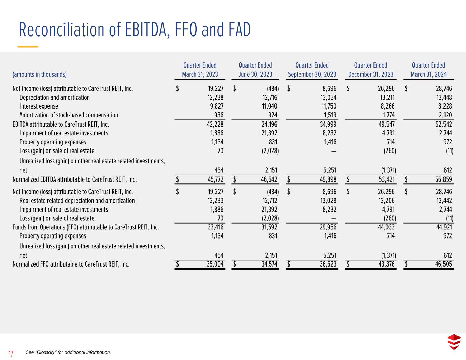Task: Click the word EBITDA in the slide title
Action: (x=146, y=30)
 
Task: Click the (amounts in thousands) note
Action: (x=40, y=74)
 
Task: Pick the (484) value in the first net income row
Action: (x=273, y=88)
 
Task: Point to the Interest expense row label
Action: (x=39, y=106)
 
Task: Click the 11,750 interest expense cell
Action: (x=328, y=106)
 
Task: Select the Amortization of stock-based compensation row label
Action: (x=69, y=115)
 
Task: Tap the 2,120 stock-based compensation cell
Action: (x=445, y=115)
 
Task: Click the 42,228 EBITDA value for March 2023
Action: (x=215, y=124)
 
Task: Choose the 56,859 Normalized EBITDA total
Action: (x=443, y=179)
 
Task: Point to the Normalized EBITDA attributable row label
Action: (x=75, y=179)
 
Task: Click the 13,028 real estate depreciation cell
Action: (x=328, y=201)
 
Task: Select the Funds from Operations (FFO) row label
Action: (x=86, y=227)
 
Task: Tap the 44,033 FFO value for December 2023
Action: (x=386, y=227)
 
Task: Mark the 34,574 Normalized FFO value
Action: (x=269, y=264)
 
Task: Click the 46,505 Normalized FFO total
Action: (x=443, y=264)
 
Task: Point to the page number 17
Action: (x=11, y=354)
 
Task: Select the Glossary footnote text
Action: (x=68, y=352)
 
